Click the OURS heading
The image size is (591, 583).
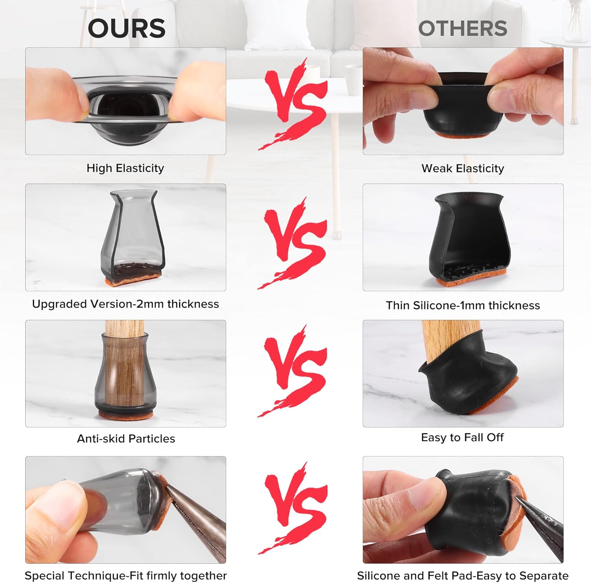coord(126,28)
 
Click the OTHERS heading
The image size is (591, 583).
coord(463,28)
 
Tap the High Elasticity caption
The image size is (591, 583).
coord(125,168)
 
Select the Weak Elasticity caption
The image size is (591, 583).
coord(463,169)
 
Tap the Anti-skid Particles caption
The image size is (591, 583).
coord(126,439)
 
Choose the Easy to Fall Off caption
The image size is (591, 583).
coord(462,438)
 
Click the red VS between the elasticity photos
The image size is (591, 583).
coord(294,104)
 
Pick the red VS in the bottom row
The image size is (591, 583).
coord(294,508)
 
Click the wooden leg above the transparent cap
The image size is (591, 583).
coord(124,328)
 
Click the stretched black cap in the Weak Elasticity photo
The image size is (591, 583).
coord(463,104)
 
